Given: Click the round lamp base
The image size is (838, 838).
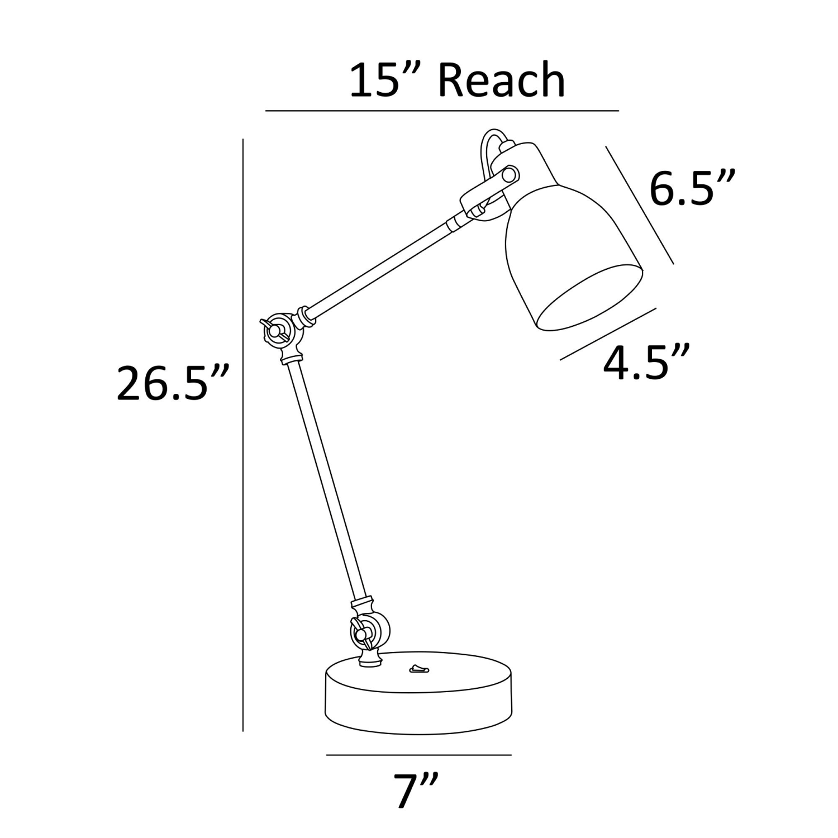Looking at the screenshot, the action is pos(418,692).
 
